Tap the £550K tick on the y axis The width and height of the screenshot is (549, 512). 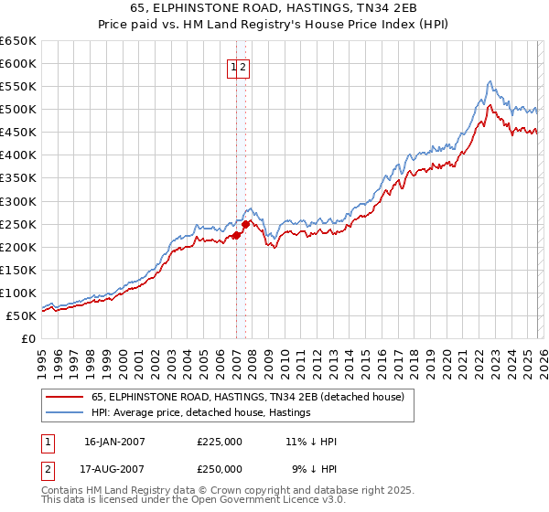(18, 87)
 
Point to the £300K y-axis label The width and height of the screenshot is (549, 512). (18, 201)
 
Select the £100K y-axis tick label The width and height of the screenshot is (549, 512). (18, 293)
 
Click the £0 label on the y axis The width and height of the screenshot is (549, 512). (27, 339)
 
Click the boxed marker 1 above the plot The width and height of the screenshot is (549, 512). (234, 66)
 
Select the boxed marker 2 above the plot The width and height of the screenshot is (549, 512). (245, 66)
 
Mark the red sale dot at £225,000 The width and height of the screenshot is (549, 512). (236, 235)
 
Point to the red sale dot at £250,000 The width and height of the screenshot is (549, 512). (245, 224)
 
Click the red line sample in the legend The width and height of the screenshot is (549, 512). (65, 397)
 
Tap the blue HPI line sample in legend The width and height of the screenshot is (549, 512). (65, 412)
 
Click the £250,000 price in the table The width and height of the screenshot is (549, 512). (220, 468)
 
